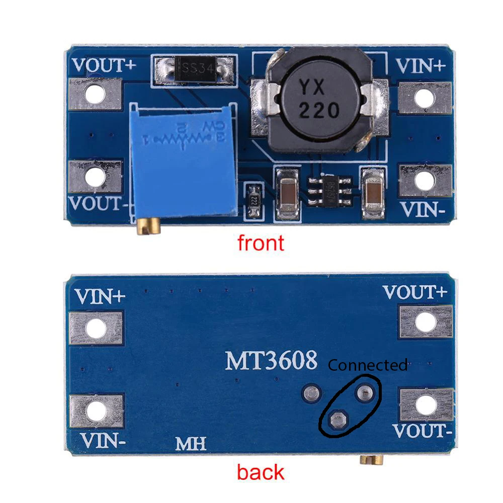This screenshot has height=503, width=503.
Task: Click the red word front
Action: click(261, 243)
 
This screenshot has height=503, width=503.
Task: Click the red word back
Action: click(260, 472)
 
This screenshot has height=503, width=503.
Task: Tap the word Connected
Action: click(368, 365)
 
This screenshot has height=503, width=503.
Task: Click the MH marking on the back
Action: click(191, 444)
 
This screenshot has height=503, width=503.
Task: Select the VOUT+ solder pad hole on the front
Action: click(94, 94)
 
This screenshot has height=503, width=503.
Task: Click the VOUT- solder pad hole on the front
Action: click(94, 177)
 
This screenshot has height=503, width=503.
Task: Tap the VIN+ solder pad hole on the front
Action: click(425, 97)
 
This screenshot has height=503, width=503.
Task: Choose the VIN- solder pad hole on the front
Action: click(425, 181)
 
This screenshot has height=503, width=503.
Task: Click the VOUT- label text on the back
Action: click(420, 431)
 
